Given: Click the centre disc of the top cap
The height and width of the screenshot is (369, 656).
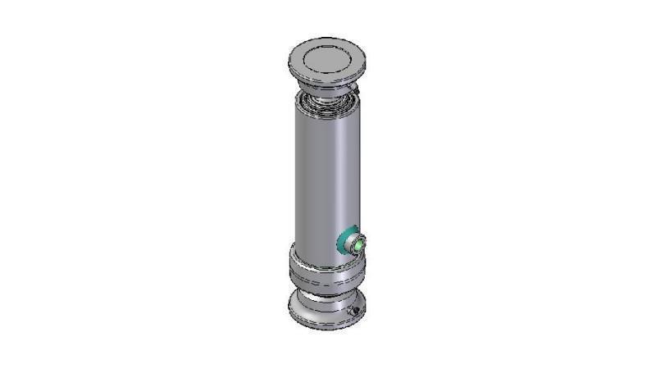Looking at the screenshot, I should coord(326,58).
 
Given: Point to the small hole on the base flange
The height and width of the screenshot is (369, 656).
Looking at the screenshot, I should coord(354,312).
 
